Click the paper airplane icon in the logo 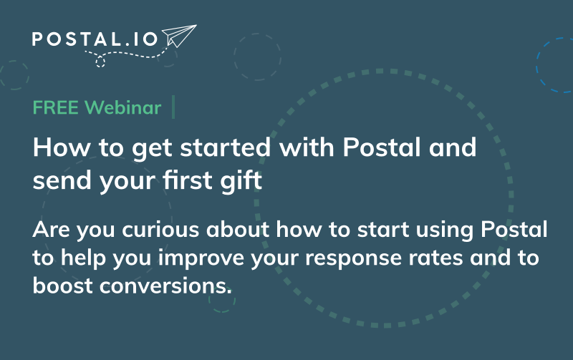click(179, 36)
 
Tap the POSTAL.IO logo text click(95, 39)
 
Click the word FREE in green click(56, 107)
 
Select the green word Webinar click(122, 107)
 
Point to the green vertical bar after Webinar click(173, 107)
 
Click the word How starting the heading click(62, 147)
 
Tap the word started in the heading click(226, 147)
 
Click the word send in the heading click(62, 180)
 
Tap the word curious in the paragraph click(160, 230)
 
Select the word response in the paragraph click(353, 258)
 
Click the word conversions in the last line click(165, 286)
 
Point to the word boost click(62, 285)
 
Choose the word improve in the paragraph click(201, 258)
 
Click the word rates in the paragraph click(435, 258)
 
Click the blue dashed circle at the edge click(554, 65)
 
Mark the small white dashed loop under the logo click(100, 62)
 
